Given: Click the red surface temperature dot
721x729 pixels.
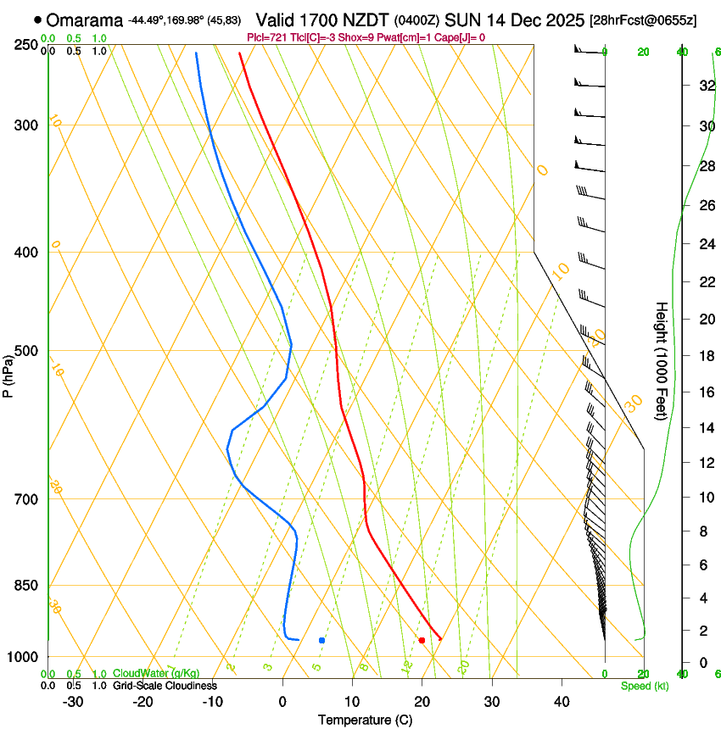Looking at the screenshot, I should (422, 640).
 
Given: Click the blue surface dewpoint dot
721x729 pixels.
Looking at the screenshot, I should (321, 640).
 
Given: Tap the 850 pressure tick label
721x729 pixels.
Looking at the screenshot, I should (26, 586).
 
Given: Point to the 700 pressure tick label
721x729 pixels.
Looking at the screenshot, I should (26, 499).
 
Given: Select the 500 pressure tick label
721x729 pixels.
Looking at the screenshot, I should (26, 351).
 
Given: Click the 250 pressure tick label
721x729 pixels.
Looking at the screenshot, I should (26, 44).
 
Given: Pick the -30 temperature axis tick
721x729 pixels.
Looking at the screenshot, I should (73, 702).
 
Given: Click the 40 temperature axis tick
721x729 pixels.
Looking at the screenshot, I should (562, 702).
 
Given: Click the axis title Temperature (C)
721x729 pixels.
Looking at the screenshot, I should (365, 720).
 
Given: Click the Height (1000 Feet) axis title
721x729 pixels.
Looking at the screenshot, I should (662, 360).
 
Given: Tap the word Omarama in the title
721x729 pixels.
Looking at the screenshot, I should (84, 19).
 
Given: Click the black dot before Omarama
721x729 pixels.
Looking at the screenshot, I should (37, 19).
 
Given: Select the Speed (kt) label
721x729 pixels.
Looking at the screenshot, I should (644, 686).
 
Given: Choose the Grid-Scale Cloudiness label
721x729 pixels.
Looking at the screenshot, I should (165, 686).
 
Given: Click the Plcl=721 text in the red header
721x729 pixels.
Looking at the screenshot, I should (264, 37).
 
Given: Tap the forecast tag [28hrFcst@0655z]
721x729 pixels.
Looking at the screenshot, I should (642, 20).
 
